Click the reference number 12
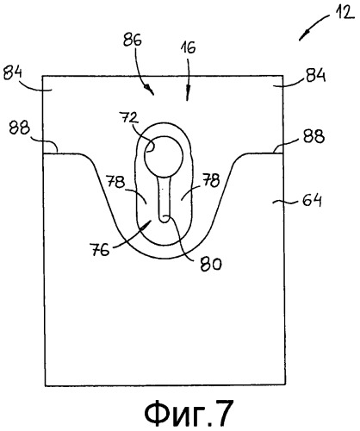344,14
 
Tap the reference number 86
133,40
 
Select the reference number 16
188,47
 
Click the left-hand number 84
13,74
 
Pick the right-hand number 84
316,75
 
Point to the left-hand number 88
19,128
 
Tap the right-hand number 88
314,136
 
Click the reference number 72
129,118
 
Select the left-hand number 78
115,182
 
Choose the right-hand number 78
211,180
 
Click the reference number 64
312,201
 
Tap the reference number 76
100,249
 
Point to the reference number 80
211,264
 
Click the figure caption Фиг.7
189,414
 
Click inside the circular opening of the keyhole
164,157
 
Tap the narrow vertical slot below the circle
164,199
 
